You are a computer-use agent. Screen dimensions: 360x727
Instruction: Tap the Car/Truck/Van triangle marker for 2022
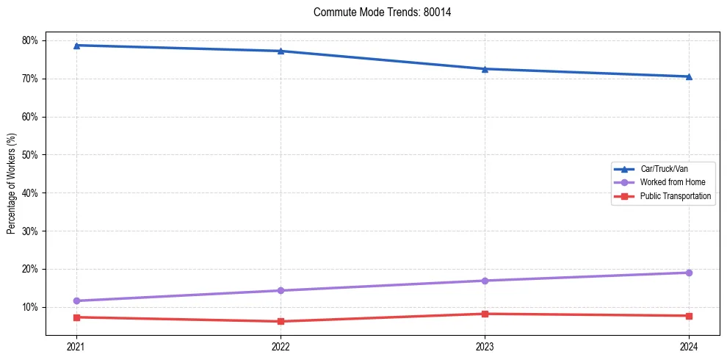280,51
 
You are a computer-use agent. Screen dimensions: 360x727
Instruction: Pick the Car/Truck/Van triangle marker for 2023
484,69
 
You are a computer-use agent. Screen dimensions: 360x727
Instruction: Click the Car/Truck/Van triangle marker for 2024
688,76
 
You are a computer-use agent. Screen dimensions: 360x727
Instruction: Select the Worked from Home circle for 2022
280,290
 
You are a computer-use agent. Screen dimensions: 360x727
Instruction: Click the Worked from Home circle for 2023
484,281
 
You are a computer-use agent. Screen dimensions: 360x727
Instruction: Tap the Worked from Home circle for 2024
688,273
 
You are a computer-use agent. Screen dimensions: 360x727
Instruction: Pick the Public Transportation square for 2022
280,321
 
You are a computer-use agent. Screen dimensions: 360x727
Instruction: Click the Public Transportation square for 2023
484,314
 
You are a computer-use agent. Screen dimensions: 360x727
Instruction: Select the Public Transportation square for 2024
688,316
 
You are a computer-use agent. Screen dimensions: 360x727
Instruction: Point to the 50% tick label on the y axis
31,155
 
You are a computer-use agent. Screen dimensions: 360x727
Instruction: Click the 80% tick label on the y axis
31,40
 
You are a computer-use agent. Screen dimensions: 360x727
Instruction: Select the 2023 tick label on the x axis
484,346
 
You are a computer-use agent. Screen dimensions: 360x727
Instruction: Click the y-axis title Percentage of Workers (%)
11,184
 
